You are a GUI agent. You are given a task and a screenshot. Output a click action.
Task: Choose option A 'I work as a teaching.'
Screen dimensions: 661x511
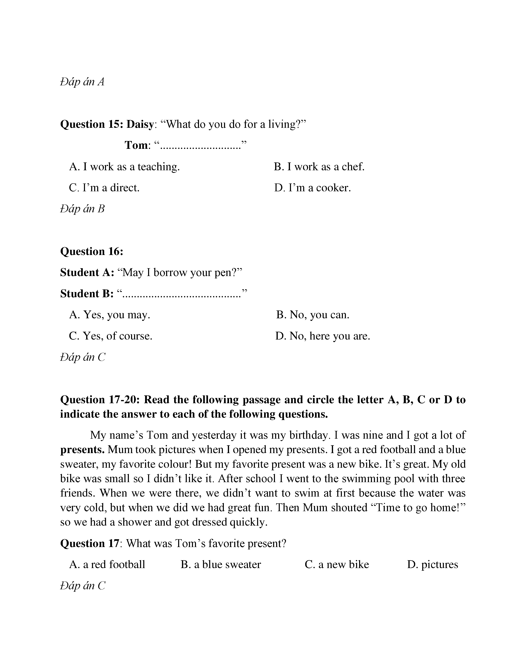(124, 167)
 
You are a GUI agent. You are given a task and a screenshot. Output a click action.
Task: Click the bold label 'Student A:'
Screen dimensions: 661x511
(87, 273)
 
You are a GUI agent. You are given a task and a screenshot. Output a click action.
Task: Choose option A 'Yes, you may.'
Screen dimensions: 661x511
(110, 315)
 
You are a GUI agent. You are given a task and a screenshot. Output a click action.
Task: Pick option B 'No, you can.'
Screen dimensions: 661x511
(313, 315)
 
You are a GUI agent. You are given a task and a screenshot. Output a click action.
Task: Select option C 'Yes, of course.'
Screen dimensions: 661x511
(110, 336)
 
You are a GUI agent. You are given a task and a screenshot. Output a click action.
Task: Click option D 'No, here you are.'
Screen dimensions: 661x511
(323, 336)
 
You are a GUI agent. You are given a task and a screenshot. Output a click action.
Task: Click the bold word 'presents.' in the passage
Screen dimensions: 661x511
(82, 450)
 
